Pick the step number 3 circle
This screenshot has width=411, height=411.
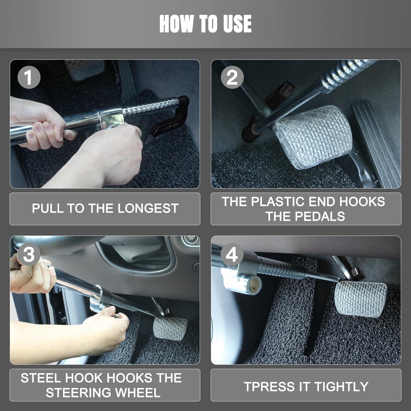coord(29,254)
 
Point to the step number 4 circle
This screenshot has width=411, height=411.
coord(232,254)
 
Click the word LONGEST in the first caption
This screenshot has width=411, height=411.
coord(148,209)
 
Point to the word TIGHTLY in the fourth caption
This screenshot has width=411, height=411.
coord(341,387)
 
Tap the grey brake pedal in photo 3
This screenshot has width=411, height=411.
coord(170,327)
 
